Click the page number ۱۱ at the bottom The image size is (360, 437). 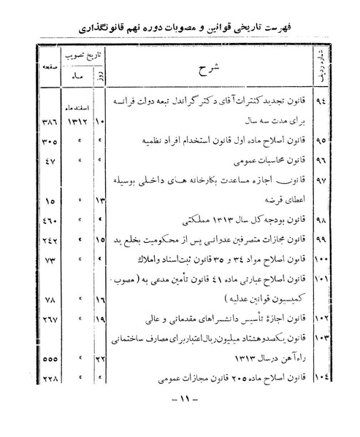tap(179, 399)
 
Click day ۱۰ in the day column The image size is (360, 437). tap(102, 118)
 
